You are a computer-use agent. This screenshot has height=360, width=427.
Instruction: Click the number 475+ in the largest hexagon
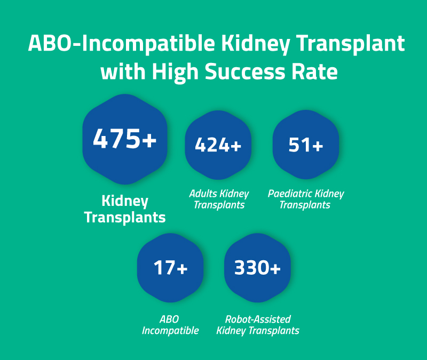(x=125, y=139)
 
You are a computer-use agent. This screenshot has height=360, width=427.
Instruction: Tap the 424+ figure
(x=218, y=146)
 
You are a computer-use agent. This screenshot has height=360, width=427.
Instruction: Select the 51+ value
(x=306, y=146)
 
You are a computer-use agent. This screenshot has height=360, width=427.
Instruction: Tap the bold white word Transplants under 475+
(x=125, y=218)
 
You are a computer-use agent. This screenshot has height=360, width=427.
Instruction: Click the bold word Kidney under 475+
(x=125, y=201)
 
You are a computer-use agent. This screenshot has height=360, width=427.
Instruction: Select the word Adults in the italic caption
(x=200, y=194)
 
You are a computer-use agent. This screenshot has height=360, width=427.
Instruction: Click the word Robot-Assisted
(x=258, y=319)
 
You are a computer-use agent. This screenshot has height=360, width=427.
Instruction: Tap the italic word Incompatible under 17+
(x=170, y=331)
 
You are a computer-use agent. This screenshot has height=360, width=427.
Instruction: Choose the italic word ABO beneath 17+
(x=169, y=319)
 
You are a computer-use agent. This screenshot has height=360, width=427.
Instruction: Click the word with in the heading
(x=120, y=71)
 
